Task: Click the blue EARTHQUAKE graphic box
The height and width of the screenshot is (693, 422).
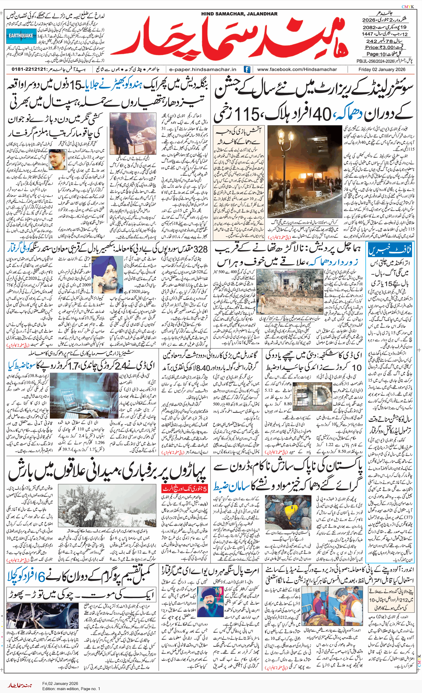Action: pyautogui.click(x=21, y=36)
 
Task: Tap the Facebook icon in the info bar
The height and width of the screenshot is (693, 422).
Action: pyautogui.click(x=247, y=69)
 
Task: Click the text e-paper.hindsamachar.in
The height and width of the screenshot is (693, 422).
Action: pyautogui.click(x=203, y=69)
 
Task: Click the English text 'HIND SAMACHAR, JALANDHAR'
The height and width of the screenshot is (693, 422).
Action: pyautogui.click(x=239, y=14)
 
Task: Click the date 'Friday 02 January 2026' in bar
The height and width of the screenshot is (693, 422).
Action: pyautogui.click(x=382, y=69)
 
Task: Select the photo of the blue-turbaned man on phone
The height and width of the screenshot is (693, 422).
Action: pyautogui.click(x=107, y=274)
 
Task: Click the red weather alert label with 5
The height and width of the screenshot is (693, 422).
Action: pyautogui.click(x=184, y=489)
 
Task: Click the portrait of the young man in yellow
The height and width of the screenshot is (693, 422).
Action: pyautogui.click(x=58, y=159)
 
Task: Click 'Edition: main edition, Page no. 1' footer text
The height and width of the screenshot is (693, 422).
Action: pyautogui.click(x=71, y=689)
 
